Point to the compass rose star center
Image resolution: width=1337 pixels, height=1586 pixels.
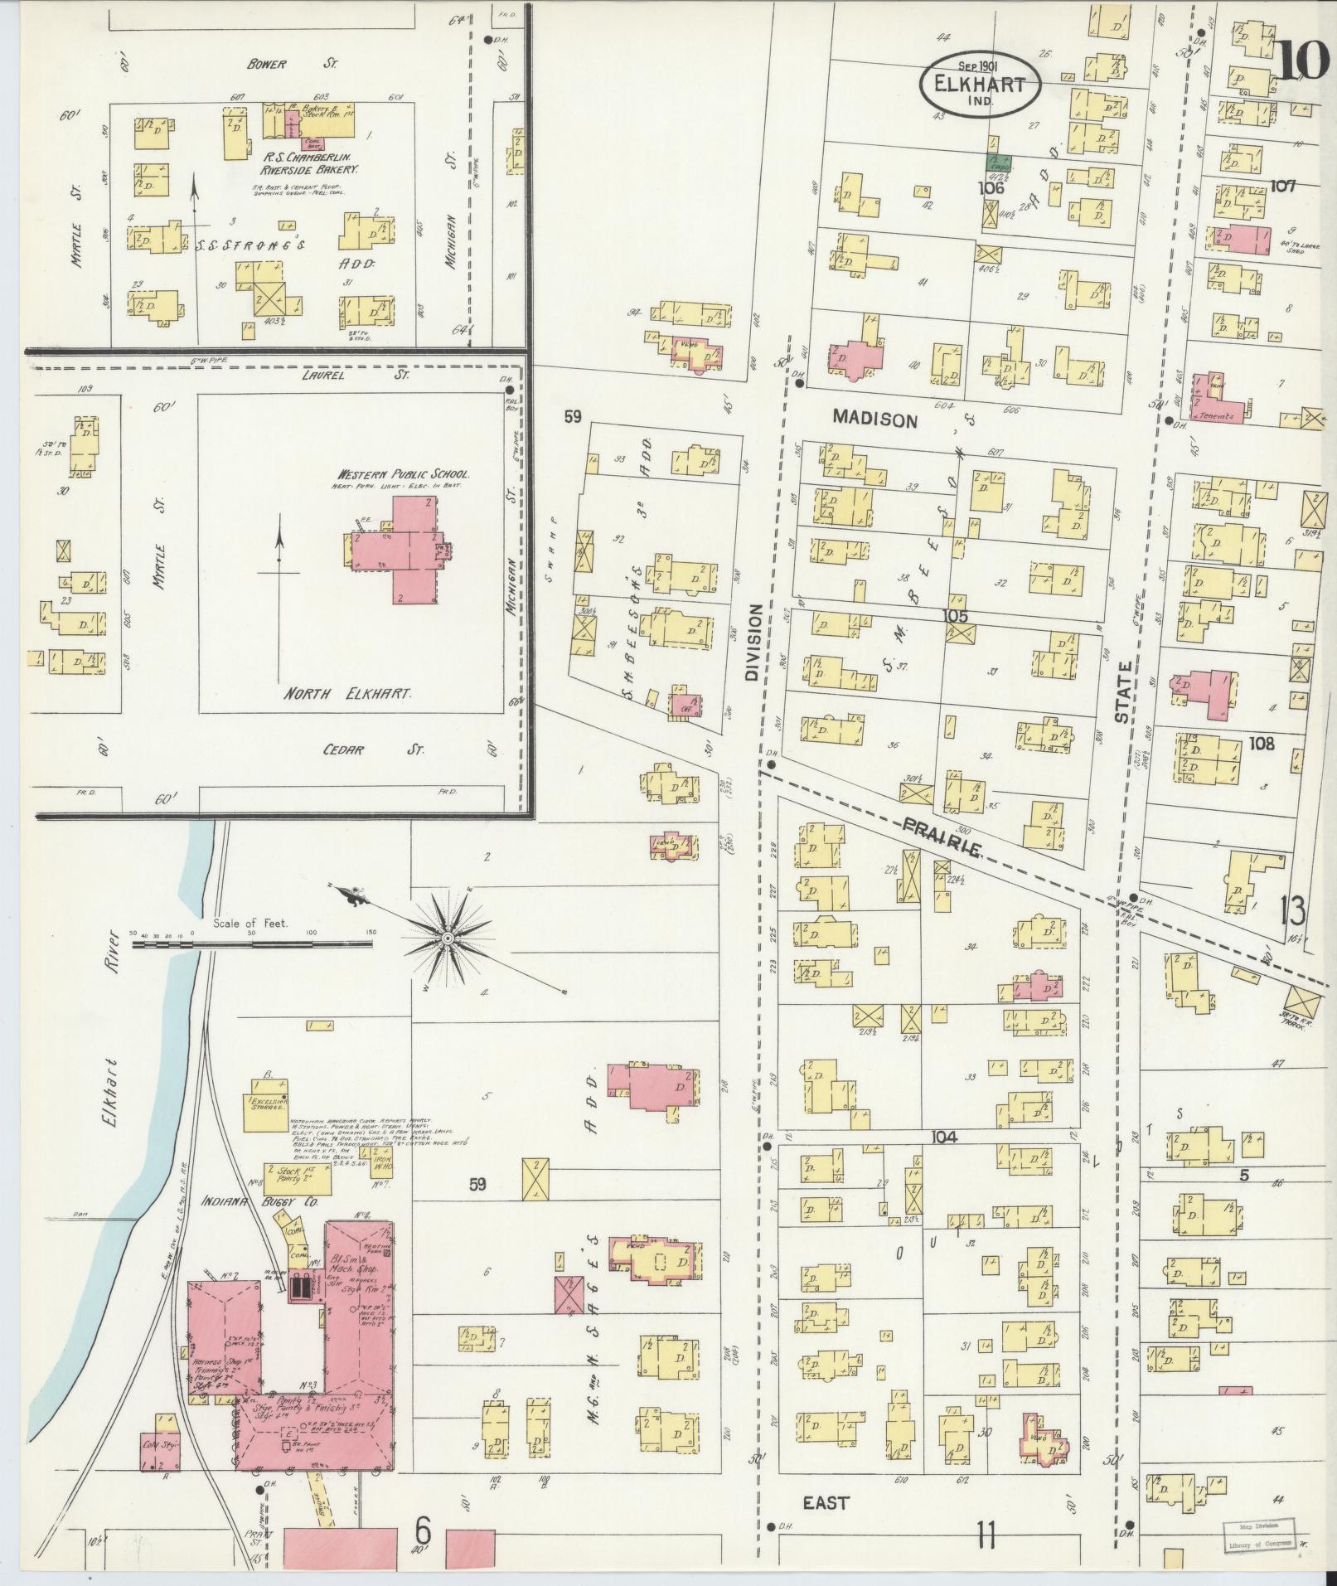click(448, 938)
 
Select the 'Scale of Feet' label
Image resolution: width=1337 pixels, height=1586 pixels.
click(249, 922)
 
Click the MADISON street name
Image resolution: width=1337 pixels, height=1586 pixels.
click(875, 420)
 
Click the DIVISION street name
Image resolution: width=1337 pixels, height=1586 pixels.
click(753, 642)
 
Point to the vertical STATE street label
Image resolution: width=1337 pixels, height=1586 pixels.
click(1123, 692)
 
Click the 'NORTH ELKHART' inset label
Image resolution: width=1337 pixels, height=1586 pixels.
click(348, 693)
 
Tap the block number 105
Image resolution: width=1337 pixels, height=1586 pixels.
click(955, 616)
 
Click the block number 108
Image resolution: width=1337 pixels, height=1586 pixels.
click(1262, 744)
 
